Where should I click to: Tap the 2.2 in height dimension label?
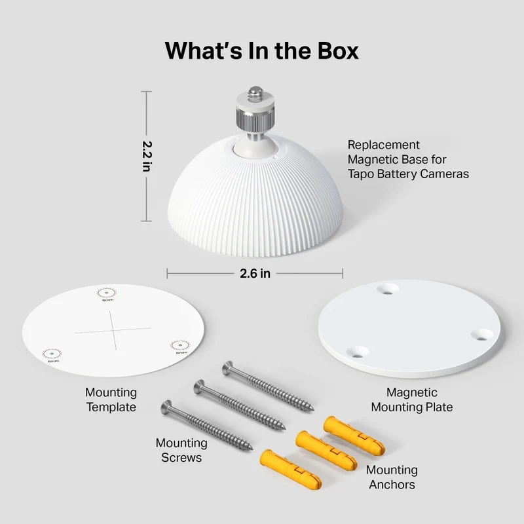click(x=147, y=157)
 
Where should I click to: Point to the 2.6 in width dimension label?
click(x=255, y=273)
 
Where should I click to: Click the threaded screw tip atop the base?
click(x=255, y=91)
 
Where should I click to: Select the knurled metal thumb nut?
click(x=255, y=115)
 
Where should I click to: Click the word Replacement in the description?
click(x=383, y=145)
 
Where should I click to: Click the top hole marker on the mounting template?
click(x=107, y=293)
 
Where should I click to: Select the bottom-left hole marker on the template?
click(x=52, y=354)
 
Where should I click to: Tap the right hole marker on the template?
click(x=181, y=345)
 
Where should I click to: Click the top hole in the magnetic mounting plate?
click(x=388, y=289)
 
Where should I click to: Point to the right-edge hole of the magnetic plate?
click(x=482, y=335)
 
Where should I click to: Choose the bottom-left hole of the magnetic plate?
click(x=358, y=352)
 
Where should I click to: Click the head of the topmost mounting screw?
click(x=228, y=367)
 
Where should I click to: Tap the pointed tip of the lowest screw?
click(x=251, y=448)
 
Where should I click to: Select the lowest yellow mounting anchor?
click(x=290, y=469)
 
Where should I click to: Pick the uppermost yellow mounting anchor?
click(x=354, y=436)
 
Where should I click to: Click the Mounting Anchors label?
click(x=392, y=477)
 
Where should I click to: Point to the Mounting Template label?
click(x=111, y=400)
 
